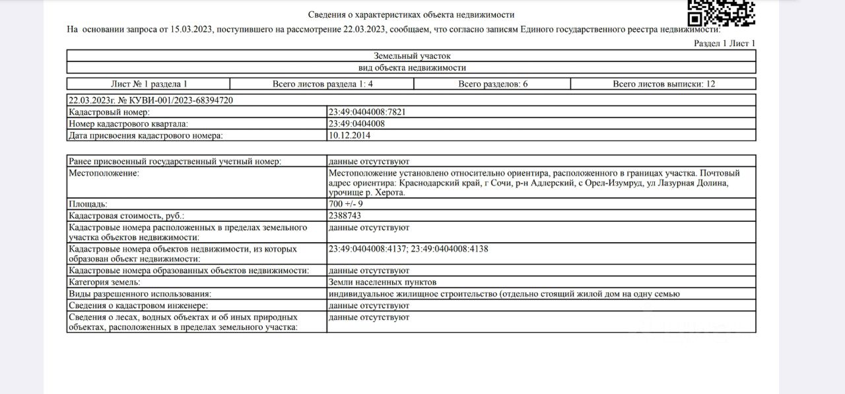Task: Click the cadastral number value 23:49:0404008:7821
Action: click(366, 112)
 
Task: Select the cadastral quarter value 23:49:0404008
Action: click(356, 123)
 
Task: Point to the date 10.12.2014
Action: click(349, 135)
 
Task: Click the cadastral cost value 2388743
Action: click(345, 216)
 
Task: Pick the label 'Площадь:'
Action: click(88, 204)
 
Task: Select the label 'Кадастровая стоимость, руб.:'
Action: click(127, 216)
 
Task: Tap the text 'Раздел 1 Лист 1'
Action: click(724, 43)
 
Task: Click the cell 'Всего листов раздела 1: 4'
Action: click(323, 84)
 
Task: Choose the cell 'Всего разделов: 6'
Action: click(492, 84)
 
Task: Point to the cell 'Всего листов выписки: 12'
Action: click(663, 84)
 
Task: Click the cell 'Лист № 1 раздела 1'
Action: click(149, 84)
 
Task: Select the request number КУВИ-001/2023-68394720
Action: click(178, 100)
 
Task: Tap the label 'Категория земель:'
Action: click(104, 282)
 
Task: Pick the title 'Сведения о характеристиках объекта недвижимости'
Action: click(411, 15)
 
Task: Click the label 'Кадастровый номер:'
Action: click(109, 112)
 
